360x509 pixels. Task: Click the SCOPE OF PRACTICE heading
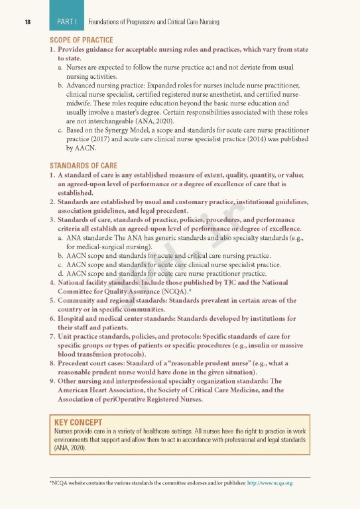tap(77, 40)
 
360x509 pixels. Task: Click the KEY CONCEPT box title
tap(78, 422)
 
